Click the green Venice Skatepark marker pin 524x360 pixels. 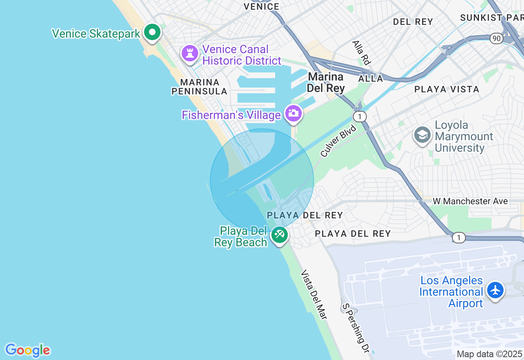(152, 32)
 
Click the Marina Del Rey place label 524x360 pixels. (326, 82)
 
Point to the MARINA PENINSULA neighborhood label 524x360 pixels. (199, 87)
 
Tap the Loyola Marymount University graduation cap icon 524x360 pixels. (422, 135)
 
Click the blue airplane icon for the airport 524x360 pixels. (495, 290)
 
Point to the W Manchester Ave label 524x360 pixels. (470, 201)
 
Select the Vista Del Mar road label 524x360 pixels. (314, 295)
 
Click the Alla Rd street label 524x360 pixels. (361, 52)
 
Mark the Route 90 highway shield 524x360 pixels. (497, 38)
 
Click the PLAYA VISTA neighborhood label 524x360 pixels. (447, 89)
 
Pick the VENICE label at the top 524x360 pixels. (262, 7)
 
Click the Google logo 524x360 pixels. (27, 351)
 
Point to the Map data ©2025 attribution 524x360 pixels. (490, 354)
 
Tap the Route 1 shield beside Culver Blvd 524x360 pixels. (359, 117)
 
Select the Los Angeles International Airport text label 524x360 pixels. (451, 292)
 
